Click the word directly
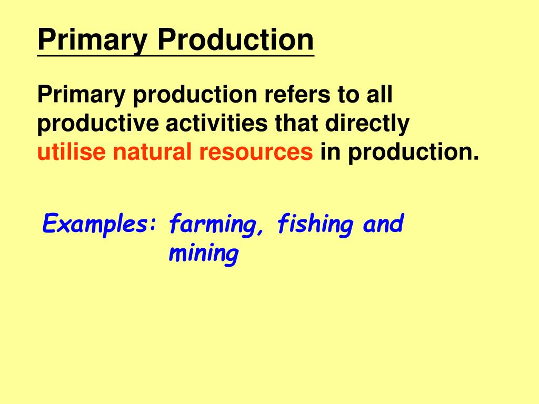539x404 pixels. coord(368,124)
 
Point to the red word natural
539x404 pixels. coord(152,153)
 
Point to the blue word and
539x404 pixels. coord(383,225)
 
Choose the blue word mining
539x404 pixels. coord(203,255)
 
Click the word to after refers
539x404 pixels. coord(345,96)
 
